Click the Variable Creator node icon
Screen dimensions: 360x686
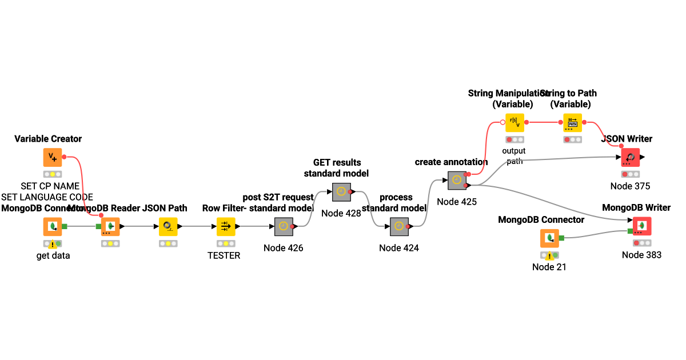coord(53,157)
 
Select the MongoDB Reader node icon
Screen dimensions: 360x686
coord(110,226)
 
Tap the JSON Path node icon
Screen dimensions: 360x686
coord(168,226)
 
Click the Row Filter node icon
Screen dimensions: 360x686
coord(226,226)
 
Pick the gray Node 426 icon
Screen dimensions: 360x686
coord(284,226)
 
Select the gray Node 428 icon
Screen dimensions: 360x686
coord(341,192)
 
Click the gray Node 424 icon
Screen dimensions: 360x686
coord(399,226)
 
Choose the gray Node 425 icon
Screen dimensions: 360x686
coord(457,180)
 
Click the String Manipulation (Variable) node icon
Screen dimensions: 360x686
coord(514,122)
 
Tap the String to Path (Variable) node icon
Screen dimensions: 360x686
coord(572,122)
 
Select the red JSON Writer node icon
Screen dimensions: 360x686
coord(630,157)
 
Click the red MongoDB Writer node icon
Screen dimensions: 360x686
coord(641,226)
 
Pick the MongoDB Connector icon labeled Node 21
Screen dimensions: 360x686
coord(549,238)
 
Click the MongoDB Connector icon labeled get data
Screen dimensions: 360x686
coord(53,226)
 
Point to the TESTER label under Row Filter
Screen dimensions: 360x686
coord(224,255)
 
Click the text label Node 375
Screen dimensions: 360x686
coord(630,186)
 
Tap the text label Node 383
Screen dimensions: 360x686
coord(641,255)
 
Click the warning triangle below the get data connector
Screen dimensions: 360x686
coord(53,245)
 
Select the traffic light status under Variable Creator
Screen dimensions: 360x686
coord(53,174)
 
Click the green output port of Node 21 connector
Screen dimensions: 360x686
coord(562,238)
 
